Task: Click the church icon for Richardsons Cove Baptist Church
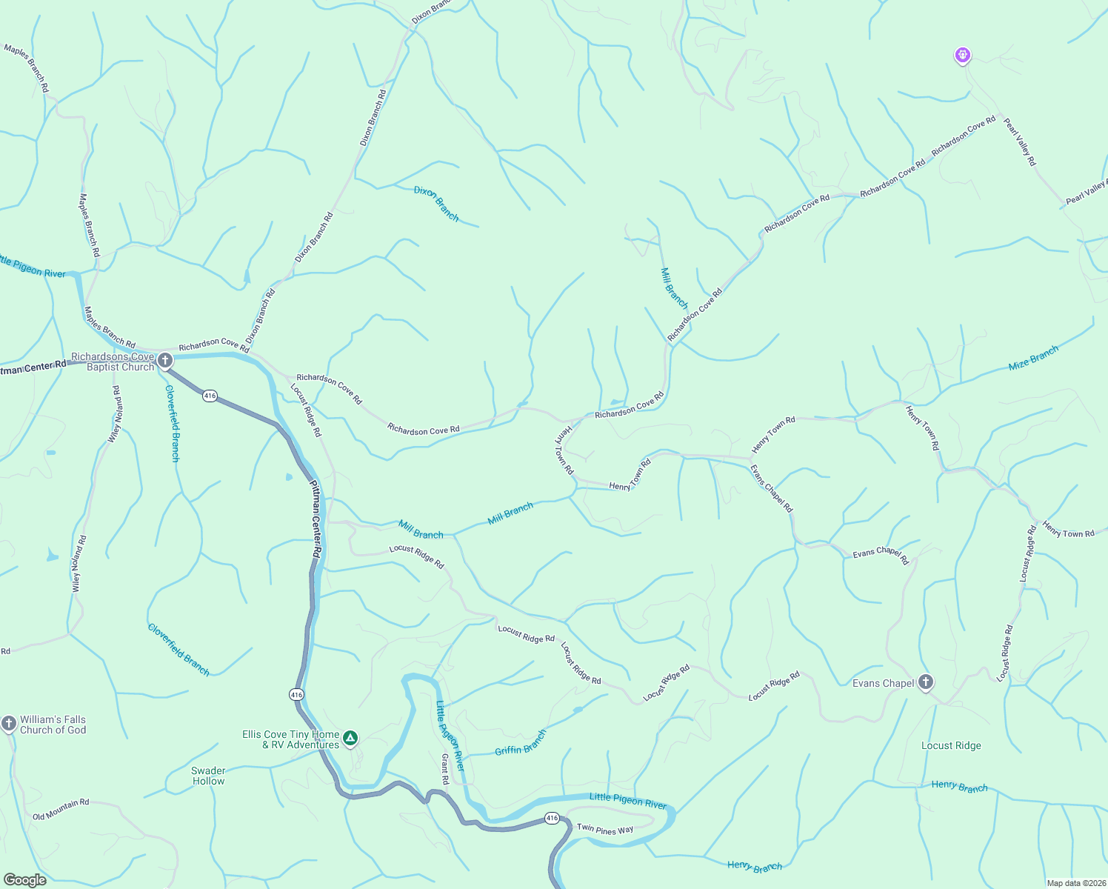(x=165, y=361)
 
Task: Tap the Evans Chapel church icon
(x=925, y=682)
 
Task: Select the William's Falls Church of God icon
(x=9, y=723)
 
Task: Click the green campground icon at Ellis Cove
(x=350, y=738)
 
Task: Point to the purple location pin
(x=962, y=55)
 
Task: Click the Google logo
(x=25, y=879)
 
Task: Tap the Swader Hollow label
(x=208, y=776)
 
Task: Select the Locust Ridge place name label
(x=951, y=745)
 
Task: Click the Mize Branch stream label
(x=1033, y=358)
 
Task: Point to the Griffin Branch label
(x=520, y=742)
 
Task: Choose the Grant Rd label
(x=445, y=769)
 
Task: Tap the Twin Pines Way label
(x=605, y=829)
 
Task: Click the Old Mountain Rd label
(x=61, y=809)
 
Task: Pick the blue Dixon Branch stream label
(x=436, y=203)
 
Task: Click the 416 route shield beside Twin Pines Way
(x=552, y=818)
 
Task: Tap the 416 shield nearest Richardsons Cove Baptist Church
(x=210, y=396)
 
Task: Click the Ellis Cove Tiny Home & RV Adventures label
(x=290, y=739)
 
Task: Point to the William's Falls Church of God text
(x=53, y=725)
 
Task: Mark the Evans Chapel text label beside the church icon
(x=883, y=683)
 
